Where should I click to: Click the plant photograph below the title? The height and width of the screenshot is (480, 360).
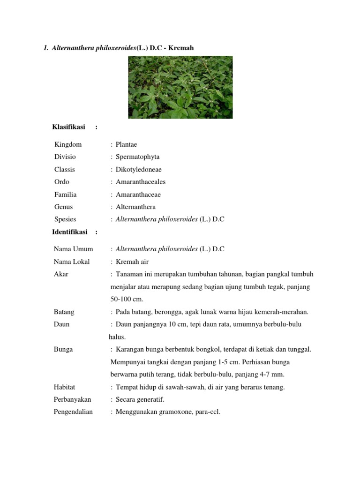pos(180,87)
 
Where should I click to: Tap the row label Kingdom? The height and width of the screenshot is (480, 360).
pos(68,144)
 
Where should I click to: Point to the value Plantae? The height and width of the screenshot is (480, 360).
pos(127,144)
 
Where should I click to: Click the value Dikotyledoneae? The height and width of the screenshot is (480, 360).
pos(139,169)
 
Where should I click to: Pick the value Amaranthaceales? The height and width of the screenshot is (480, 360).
pos(141,182)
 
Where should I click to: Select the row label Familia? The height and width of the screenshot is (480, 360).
pos(65,194)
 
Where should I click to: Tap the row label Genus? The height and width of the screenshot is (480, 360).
pos(64,207)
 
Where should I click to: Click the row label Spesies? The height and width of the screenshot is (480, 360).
pos(65,219)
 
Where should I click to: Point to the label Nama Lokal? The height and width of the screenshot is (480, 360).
pos(72,262)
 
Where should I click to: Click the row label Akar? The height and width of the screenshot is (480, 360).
pos(61,274)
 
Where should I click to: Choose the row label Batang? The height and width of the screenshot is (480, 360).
pos(64,312)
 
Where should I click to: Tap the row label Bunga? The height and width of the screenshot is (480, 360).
pos(63,349)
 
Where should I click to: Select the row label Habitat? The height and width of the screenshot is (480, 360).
pos(65,387)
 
